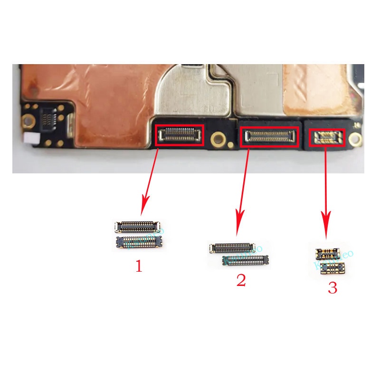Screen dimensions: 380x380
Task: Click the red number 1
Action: coord(139,266)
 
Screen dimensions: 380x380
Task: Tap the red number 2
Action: coord(241,280)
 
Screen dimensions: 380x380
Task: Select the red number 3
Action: coord(332,288)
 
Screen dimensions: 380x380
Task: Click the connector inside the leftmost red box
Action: coord(179,135)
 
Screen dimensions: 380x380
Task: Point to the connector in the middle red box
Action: coord(269,137)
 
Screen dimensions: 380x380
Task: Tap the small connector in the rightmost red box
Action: coord(325,138)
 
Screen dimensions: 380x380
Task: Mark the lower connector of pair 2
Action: coord(246,259)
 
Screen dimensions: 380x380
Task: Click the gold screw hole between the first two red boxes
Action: coord(218,139)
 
